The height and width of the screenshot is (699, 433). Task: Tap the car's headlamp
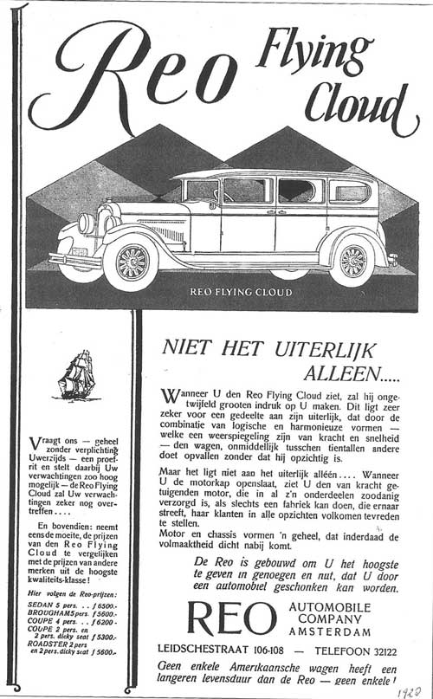[x=86, y=223]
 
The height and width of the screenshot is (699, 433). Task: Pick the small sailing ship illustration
[x=75, y=374]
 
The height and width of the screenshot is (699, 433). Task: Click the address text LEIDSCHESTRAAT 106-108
[x=227, y=649]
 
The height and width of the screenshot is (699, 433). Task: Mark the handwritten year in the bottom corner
[x=407, y=689]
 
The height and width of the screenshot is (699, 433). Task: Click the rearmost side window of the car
[x=350, y=191]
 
